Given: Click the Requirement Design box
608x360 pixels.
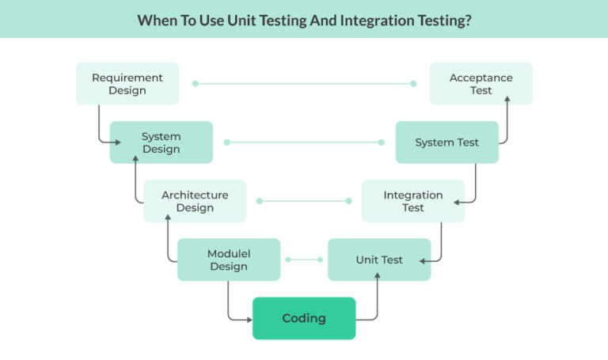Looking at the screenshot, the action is point(127,84).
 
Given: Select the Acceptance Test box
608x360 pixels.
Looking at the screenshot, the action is point(481,84).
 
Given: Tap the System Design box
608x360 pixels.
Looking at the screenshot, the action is point(161,142).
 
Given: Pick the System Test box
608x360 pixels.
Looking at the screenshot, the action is point(446,142).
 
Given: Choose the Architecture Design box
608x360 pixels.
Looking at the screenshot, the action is point(195,201).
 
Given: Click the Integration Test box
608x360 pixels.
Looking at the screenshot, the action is point(413,201).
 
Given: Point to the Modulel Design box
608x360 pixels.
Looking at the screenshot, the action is point(229,260).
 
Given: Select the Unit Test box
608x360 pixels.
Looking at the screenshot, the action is point(379,260).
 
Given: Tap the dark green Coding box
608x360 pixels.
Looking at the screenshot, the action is point(304,318).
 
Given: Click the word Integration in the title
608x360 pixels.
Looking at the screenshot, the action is point(377,20).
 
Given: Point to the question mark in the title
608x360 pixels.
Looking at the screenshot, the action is point(469,20).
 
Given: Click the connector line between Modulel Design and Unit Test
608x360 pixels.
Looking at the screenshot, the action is point(304,260).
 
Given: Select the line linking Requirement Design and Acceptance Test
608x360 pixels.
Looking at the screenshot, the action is point(304,84).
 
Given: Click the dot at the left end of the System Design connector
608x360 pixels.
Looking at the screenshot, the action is point(227,142).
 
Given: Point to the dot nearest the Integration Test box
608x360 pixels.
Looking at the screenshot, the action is point(349,201).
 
